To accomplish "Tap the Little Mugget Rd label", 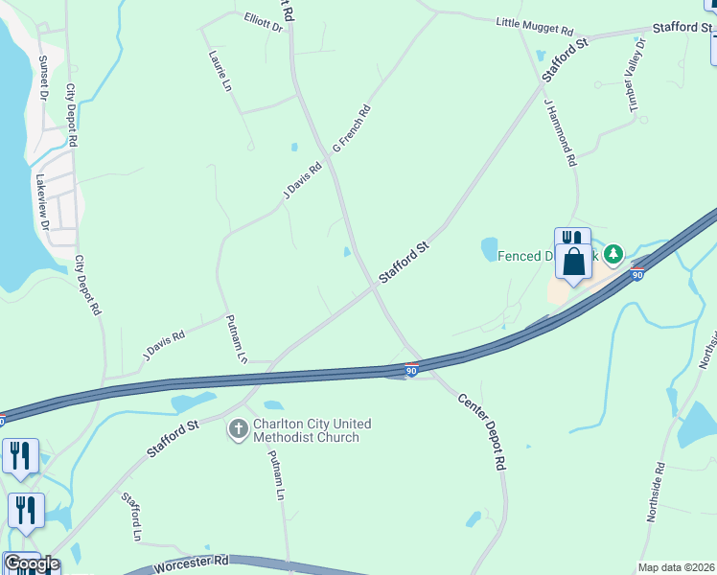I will pos(547,28).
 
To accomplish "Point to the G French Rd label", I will pos(351,129).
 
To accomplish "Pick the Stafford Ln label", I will pos(131,516).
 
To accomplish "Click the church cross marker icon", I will pos(238,431).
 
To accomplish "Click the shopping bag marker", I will pos(573,261).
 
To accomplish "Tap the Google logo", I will pos(31,563).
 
